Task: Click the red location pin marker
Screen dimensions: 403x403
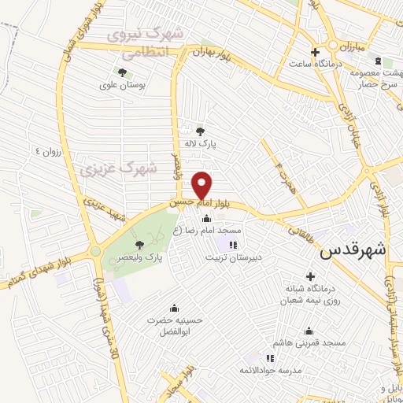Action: [203, 186]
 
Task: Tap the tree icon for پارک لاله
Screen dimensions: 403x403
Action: [201, 131]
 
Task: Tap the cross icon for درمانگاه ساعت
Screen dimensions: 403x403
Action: [314, 51]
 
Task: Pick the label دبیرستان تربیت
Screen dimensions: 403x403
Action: [234, 257]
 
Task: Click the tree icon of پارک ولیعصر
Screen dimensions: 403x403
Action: [139, 245]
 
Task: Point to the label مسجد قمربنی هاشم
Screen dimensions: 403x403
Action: [310, 343]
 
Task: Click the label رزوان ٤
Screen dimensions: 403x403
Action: [49, 150]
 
